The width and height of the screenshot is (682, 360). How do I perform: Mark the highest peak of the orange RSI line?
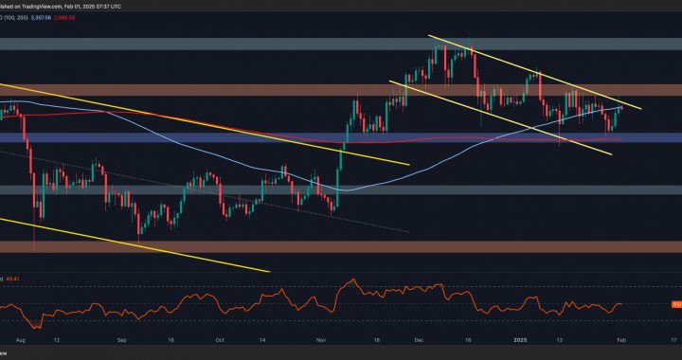(354, 280)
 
